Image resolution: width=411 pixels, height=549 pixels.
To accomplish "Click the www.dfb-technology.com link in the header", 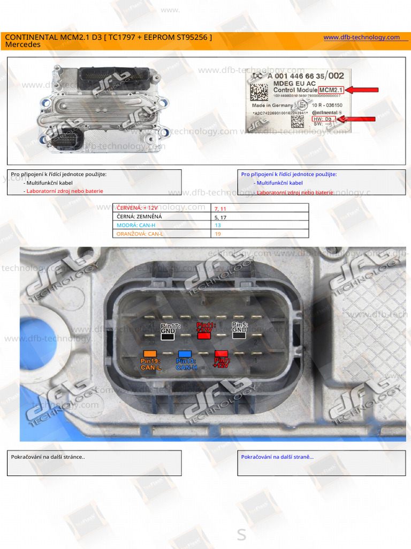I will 362,37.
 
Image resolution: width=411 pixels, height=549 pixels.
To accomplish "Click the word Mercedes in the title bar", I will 22,45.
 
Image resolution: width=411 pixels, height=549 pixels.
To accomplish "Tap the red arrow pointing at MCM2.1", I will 362,90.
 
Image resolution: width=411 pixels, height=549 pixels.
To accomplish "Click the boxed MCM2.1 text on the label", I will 331,90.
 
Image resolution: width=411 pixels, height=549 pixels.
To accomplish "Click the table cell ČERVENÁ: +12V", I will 163,208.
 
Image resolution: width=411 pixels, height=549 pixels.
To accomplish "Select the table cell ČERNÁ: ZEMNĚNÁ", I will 163,217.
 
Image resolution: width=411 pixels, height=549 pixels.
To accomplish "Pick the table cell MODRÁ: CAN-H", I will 163,225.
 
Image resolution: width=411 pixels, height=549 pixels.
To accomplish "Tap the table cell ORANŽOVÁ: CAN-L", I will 163,234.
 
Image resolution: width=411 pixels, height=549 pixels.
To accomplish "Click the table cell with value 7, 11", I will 260,208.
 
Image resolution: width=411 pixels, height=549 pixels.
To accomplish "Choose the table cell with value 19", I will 260,234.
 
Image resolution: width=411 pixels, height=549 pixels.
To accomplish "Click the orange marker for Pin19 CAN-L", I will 150,354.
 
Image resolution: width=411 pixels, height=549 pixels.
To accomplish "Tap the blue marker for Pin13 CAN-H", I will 185,354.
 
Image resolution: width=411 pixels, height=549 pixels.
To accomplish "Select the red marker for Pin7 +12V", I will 221,354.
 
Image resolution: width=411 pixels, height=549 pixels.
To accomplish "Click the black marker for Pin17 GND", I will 168,336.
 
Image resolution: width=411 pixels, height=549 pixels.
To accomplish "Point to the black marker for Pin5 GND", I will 239,336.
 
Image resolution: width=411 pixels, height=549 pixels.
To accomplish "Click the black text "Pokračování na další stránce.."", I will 48,457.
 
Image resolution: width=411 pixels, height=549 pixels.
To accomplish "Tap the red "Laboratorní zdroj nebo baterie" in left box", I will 64,191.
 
